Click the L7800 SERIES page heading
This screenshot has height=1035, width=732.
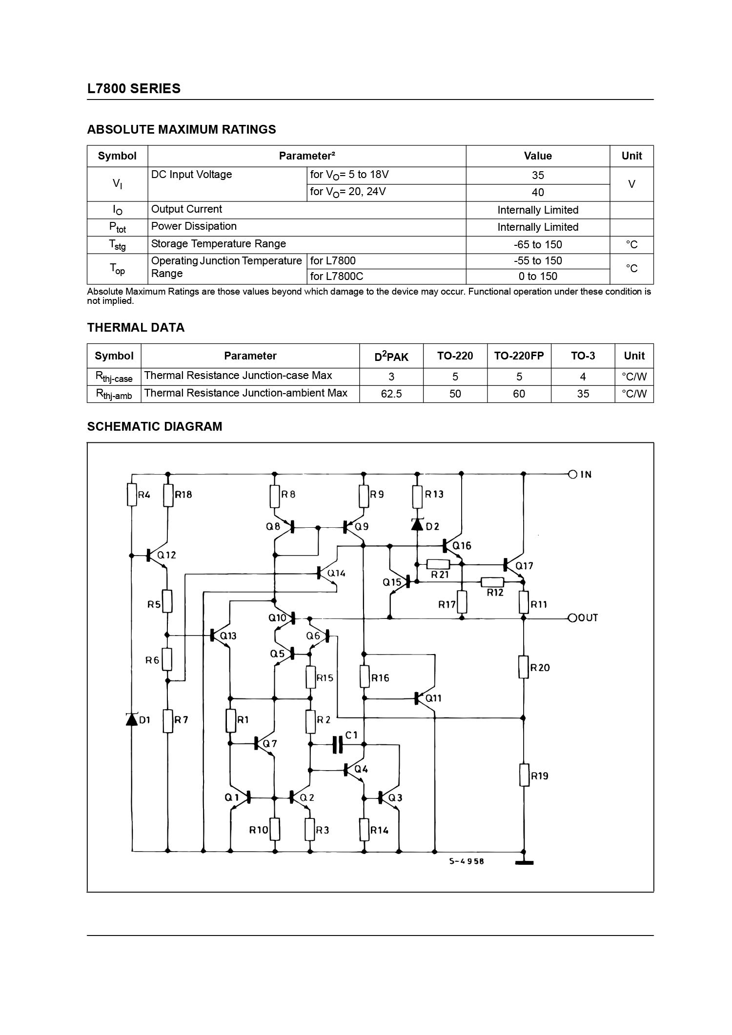(134, 89)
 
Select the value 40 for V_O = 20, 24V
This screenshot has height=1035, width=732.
(537, 192)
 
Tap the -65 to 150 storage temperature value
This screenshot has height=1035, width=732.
(537, 244)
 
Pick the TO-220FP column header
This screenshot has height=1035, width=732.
(519, 356)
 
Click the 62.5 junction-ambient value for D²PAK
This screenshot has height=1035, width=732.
(391, 394)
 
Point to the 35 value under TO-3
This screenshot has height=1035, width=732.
(583, 394)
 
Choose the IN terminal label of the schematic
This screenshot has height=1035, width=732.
(586, 474)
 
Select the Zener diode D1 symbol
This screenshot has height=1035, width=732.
(132, 719)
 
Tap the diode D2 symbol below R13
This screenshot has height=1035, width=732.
(417, 524)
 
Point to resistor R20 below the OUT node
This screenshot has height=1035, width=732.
(524, 667)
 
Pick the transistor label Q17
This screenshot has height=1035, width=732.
(524, 566)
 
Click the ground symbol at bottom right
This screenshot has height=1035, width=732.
(524, 862)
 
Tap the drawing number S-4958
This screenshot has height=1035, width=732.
(467, 861)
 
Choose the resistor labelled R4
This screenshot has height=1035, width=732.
(132, 495)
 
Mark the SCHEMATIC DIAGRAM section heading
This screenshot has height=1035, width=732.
(154, 426)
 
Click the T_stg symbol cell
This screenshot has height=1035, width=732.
(117, 245)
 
